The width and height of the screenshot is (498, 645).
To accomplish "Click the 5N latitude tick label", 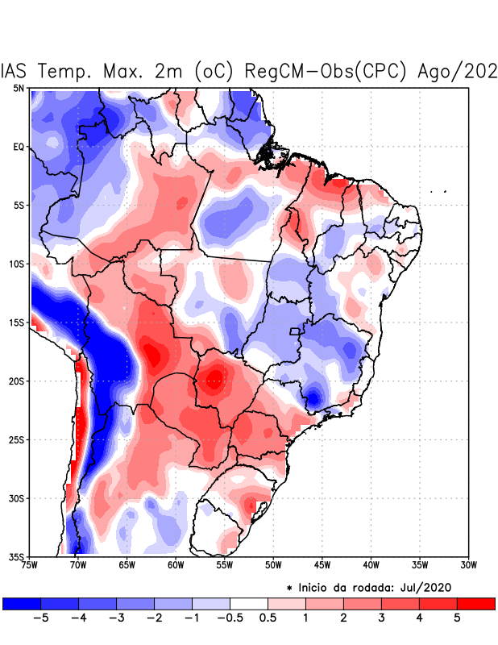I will point(19,88).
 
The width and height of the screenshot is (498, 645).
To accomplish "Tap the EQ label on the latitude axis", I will point(19,147).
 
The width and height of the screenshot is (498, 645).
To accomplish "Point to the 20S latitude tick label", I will point(17,381).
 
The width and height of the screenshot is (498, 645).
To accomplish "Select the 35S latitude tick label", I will point(17,557).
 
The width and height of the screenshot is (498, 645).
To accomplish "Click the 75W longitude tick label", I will point(31,565).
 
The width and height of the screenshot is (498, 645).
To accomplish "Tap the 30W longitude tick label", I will point(468,565).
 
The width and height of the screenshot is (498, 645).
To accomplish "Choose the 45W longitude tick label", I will point(322,565).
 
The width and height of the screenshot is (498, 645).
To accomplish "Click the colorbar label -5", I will point(40,618).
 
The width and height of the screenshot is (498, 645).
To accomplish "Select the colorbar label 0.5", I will point(268,618).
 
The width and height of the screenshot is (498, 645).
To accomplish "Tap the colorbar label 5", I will point(457,618).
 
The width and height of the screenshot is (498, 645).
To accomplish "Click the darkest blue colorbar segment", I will point(22,603).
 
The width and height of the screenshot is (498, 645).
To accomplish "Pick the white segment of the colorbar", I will point(249,603).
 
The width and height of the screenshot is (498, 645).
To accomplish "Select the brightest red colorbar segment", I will point(476,603).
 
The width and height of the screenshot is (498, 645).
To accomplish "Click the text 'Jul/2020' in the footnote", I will point(430,587).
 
